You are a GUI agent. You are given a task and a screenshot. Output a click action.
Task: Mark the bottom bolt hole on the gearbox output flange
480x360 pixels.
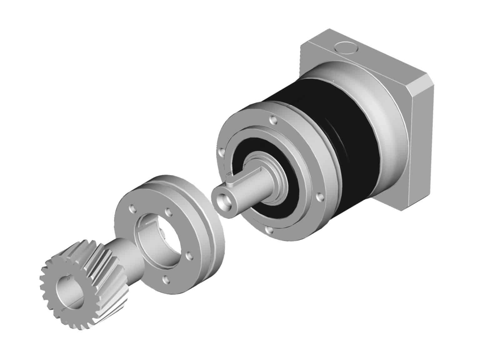(268, 230)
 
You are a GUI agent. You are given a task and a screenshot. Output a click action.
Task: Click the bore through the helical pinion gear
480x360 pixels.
(69, 292)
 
